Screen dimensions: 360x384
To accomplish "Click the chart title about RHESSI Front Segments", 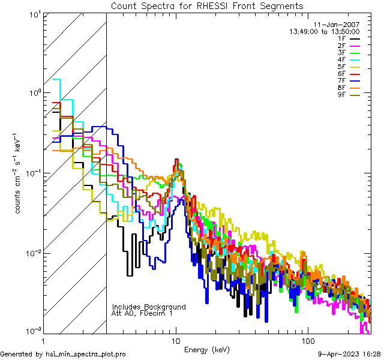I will pos(207,6).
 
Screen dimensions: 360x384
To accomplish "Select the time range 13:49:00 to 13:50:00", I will pos(325,31).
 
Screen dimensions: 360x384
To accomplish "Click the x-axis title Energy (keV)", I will pos(207,350).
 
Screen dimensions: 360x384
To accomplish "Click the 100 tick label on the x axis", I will pos(307,340).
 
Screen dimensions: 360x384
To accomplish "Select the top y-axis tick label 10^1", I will pos(34,14).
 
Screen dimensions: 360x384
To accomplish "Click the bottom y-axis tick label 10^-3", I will pos(32,331).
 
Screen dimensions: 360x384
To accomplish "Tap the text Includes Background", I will pos(149,307).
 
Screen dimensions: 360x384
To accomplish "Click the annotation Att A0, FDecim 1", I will pos(142,313).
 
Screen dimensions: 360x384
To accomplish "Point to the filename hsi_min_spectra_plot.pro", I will pos(86,354).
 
